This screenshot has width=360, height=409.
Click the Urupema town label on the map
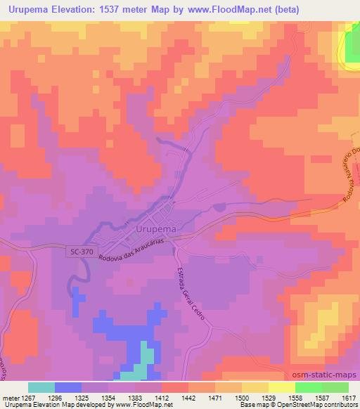(155, 229)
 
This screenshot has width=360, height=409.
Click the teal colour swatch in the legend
(41, 387)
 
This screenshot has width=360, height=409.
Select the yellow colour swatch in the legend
(281, 387)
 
